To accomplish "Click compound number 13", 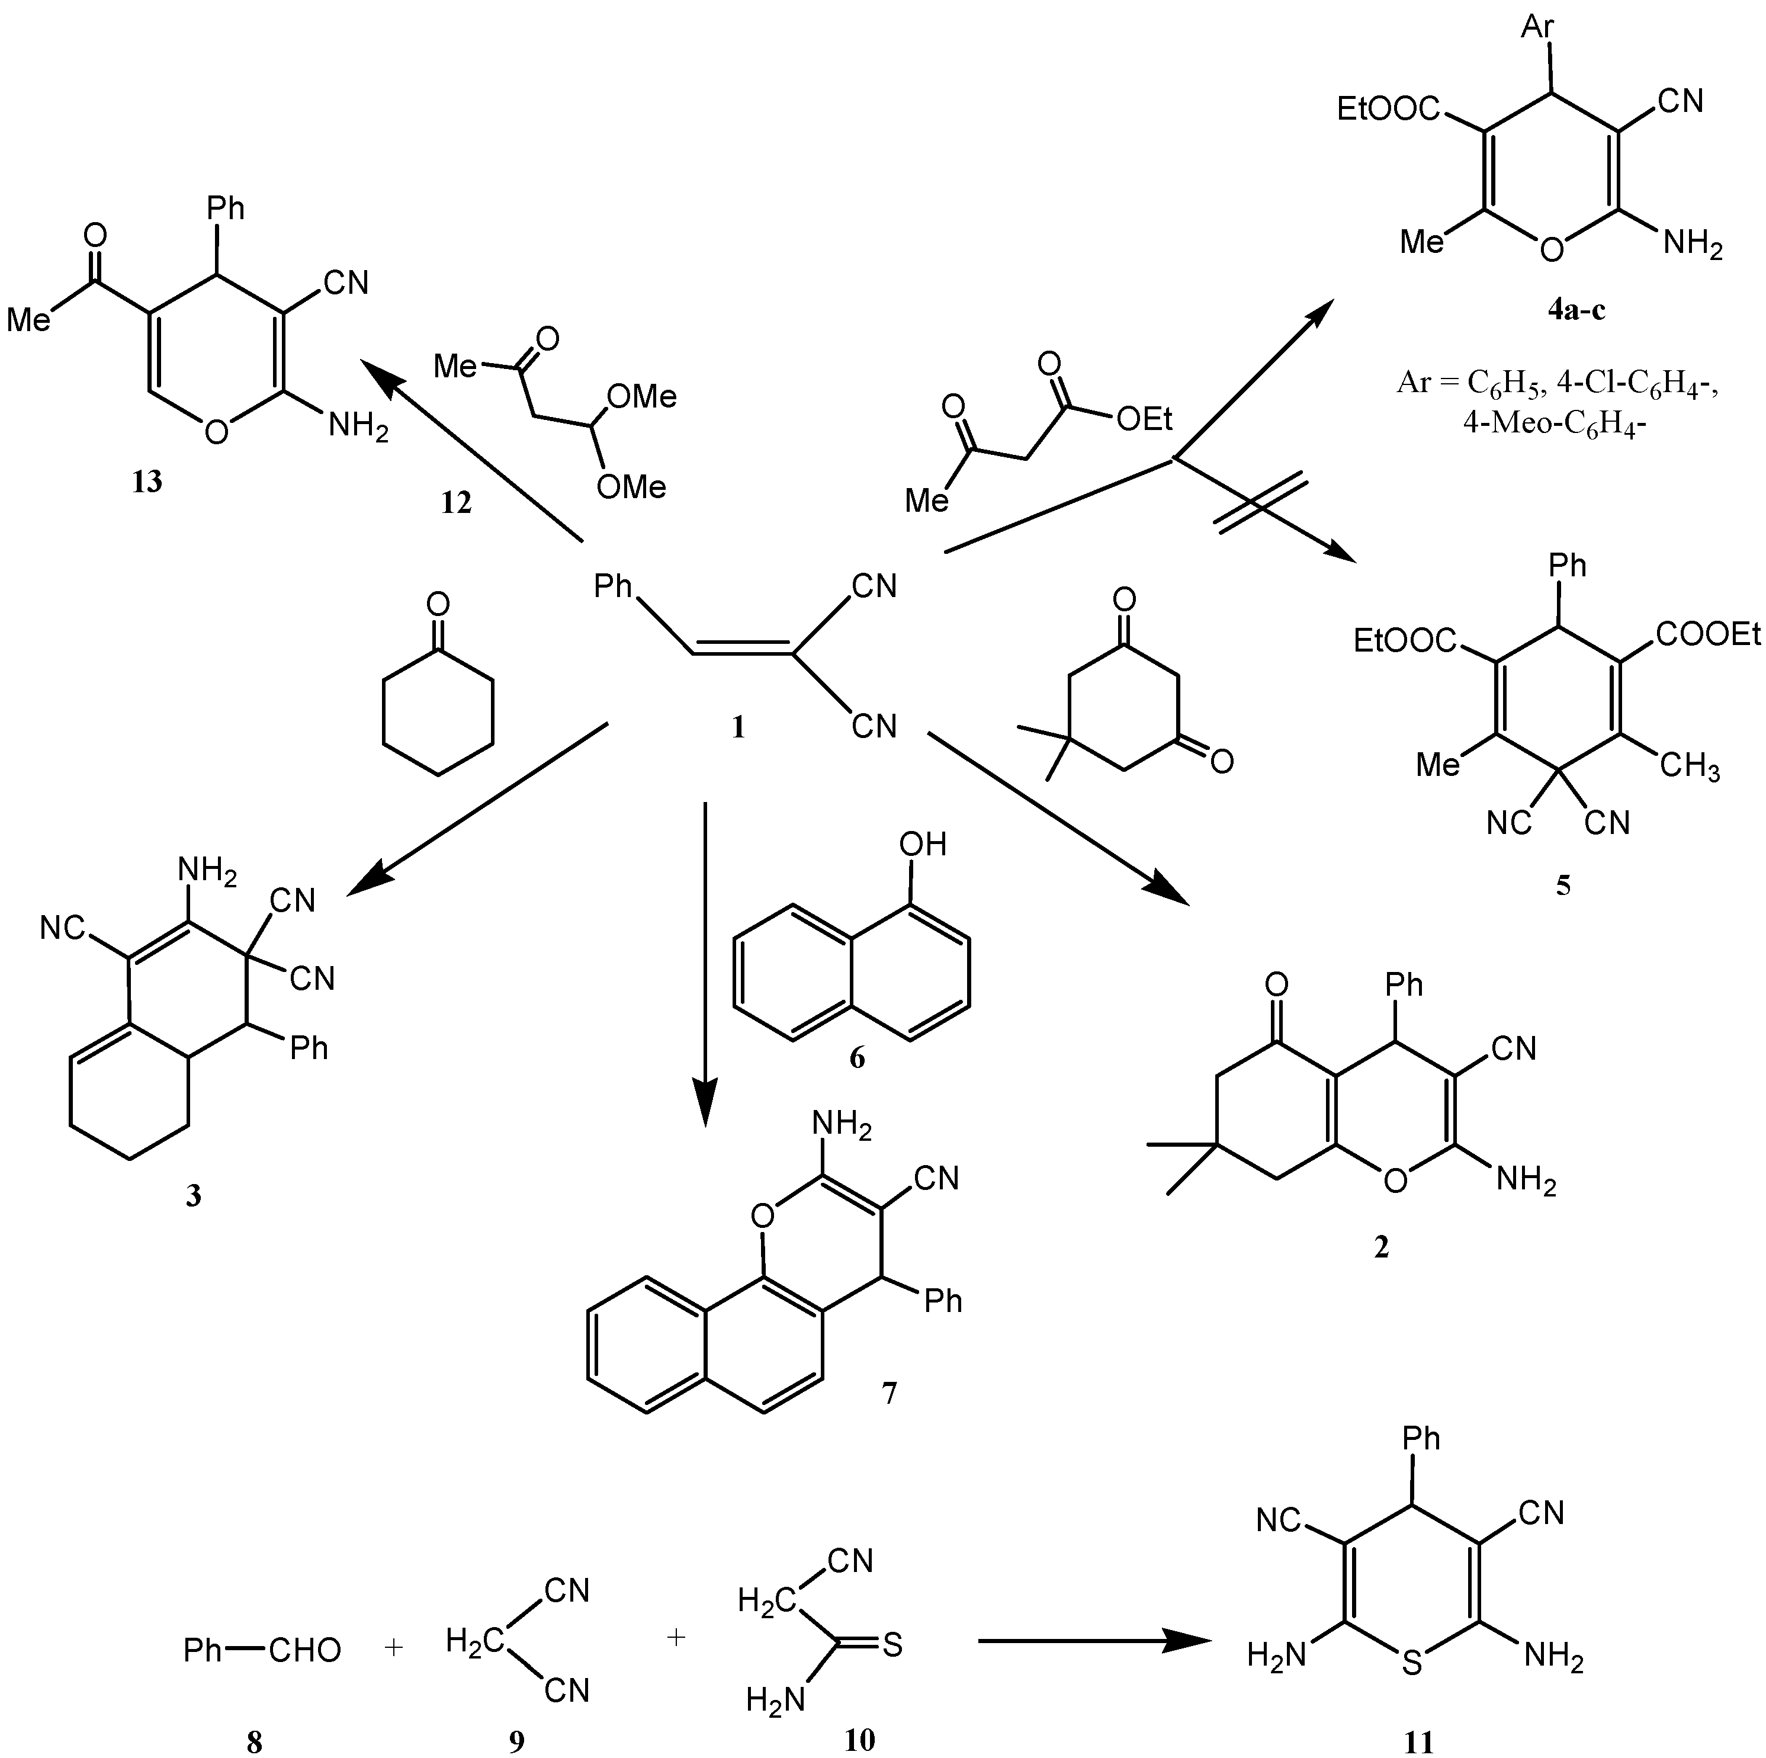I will click(x=147, y=482).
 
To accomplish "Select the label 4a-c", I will click(x=1576, y=310).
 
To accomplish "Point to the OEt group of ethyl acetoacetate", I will click(x=1144, y=419).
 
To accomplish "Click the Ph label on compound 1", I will click(x=614, y=585).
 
